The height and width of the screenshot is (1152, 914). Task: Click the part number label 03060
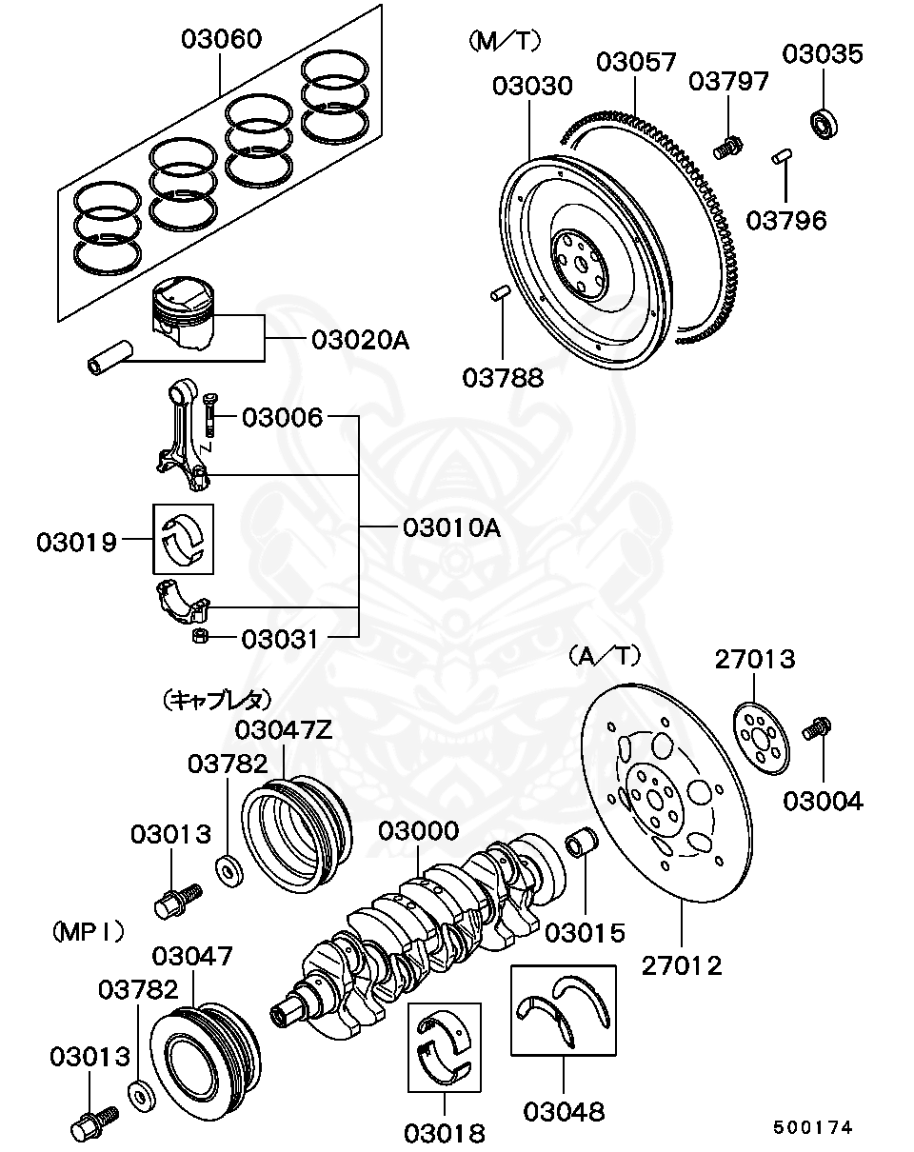[221, 39]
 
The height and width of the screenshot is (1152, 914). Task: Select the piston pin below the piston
[109, 357]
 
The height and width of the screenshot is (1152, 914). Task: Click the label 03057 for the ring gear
[636, 62]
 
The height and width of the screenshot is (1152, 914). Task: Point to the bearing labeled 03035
[822, 124]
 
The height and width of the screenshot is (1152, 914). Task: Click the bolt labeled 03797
[728, 148]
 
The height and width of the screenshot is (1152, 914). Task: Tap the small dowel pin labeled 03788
[501, 293]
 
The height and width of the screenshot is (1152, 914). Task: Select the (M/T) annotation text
[505, 41]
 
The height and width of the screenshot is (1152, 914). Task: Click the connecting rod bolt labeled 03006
[210, 414]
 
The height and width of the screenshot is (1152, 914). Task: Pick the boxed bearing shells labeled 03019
[183, 539]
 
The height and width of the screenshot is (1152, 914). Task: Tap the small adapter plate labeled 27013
[761, 738]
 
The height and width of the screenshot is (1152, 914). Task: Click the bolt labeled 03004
[817, 729]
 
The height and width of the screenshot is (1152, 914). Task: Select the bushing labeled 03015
[582, 842]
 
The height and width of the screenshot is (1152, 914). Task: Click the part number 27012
[682, 965]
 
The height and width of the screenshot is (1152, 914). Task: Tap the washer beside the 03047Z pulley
[229, 871]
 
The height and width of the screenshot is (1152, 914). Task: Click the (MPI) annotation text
[89, 932]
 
